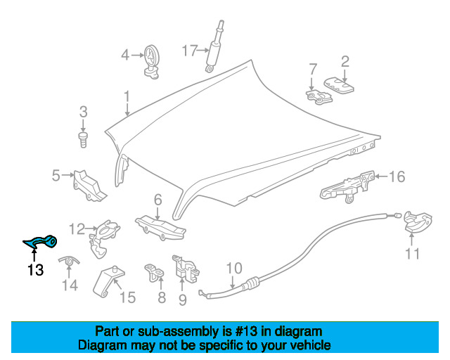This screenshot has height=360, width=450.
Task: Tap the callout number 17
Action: [x=189, y=50]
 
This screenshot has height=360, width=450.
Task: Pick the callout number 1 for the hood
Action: [x=127, y=96]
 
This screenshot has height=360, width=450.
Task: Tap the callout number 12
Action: [x=77, y=229]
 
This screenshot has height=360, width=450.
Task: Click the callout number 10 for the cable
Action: [x=234, y=268]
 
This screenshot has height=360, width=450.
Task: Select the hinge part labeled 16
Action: [x=346, y=186]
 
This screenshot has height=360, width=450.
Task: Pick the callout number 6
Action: [x=158, y=200]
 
